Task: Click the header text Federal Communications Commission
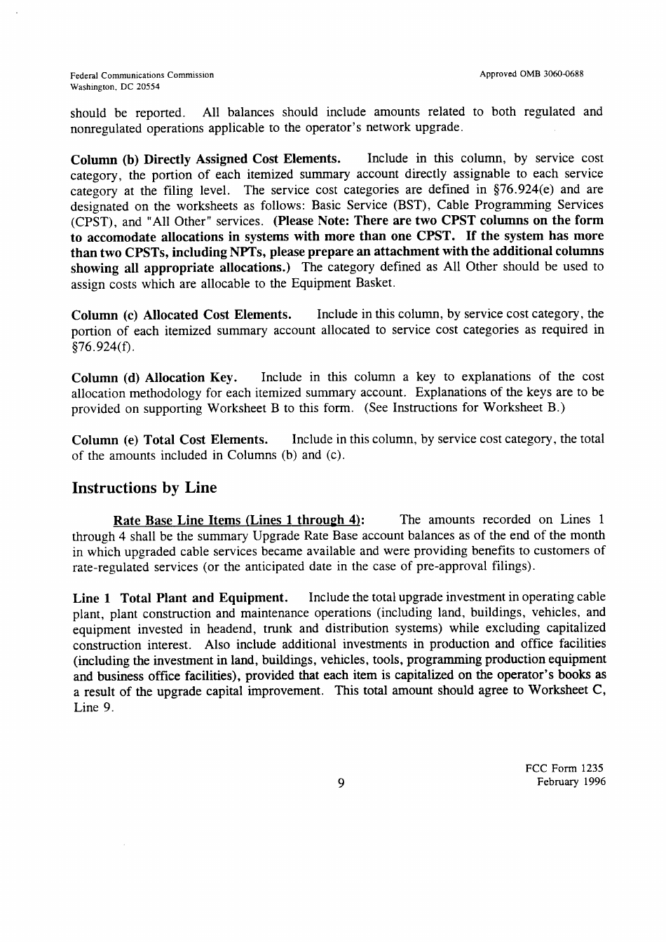[x=142, y=75]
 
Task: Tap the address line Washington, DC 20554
[x=115, y=87]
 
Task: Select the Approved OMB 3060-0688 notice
[x=533, y=74]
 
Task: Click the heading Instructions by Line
[x=144, y=488]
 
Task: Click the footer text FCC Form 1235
[x=564, y=767]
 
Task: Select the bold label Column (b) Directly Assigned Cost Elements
[x=206, y=158]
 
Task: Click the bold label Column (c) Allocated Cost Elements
[x=181, y=315]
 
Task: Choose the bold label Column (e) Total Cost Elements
[x=170, y=440]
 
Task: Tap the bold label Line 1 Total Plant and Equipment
[x=180, y=598]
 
